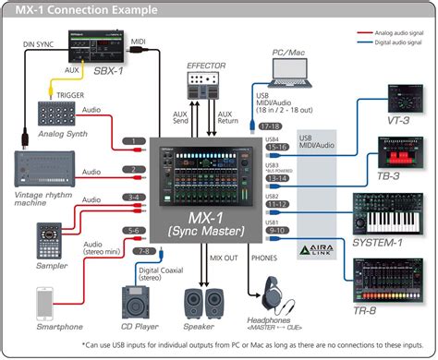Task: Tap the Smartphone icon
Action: point(44,304)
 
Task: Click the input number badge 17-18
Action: point(270,126)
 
